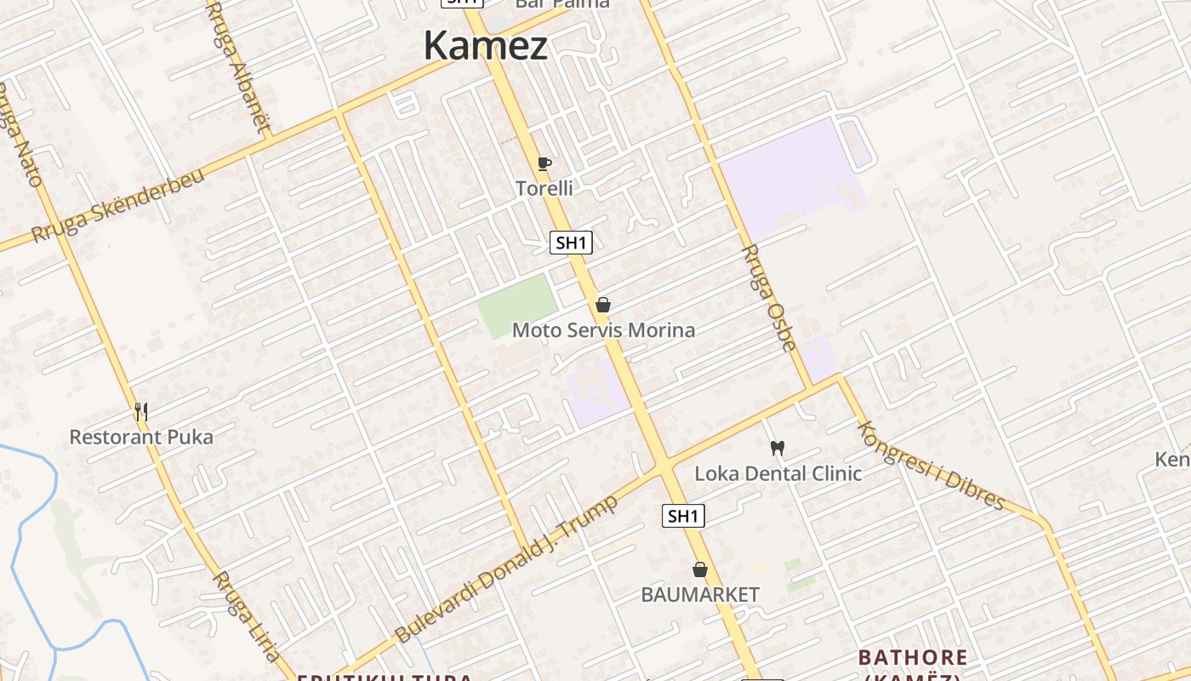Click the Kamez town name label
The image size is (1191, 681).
click(486, 46)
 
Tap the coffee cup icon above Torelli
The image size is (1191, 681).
click(544, 163)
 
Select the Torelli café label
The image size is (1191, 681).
click(544, 188)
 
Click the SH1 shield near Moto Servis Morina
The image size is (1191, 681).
click(571, 243)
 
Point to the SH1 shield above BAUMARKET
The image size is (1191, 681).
click(684, 516)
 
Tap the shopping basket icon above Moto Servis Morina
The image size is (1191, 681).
click(603, 305)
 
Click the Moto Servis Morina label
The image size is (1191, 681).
click(603, 329)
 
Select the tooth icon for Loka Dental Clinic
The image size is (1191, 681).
click(777, 448)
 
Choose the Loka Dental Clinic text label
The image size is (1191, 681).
click(778, 473)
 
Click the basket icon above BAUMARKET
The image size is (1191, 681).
click(700, 569)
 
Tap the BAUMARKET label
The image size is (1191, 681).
click(700, 594)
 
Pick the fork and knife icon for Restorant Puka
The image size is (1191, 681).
click(141, 412)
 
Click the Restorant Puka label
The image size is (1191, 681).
click(141, 438)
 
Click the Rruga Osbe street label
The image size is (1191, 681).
click(770, 298)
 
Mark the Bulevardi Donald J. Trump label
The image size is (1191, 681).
click(506, 569)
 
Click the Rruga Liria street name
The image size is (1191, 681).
click(246, 616)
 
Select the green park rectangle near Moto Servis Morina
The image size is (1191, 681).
click(516, 305)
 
